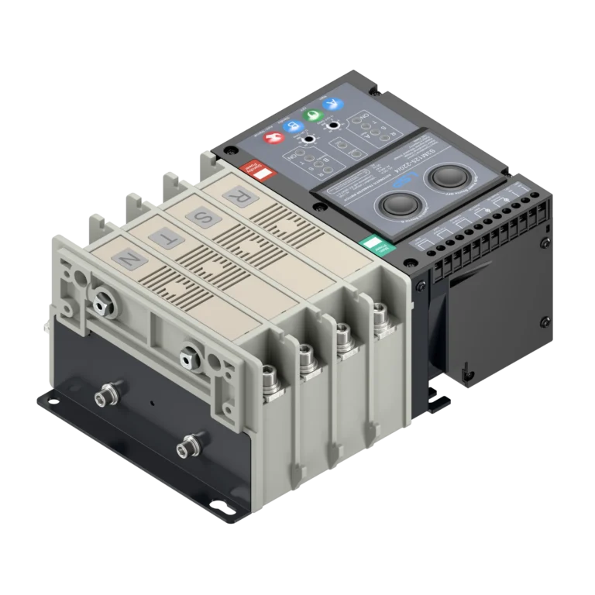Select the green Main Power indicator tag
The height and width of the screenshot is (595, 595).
(378, 245)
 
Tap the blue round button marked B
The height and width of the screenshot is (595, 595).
(292, 127)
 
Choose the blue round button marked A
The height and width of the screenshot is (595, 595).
(332, 105)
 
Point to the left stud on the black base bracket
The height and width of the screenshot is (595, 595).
(102, 399)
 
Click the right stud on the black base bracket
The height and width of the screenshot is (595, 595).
(186, 447)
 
